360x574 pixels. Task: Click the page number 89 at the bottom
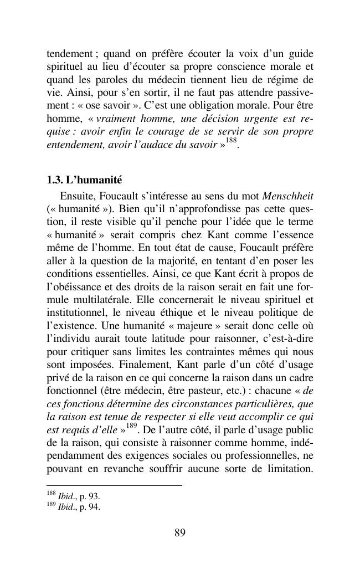179,533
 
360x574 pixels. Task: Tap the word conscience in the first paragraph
211,67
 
